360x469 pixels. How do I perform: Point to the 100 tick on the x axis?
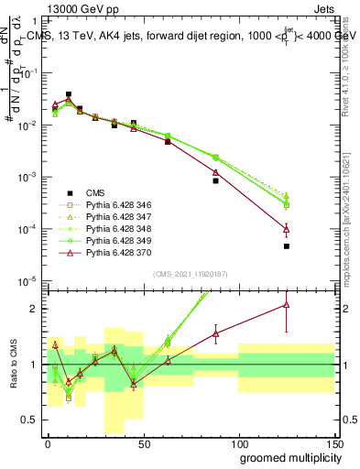[x=238, y=442]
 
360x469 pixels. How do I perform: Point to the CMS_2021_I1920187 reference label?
[x=190, y=274]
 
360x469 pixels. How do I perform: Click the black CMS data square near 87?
[x=215, y=180]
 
